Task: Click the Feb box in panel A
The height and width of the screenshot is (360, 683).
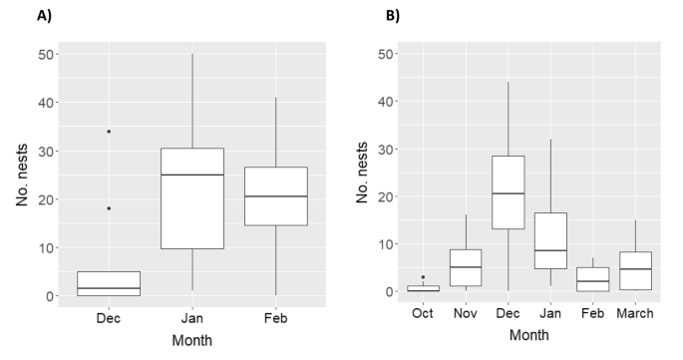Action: coord(275,195)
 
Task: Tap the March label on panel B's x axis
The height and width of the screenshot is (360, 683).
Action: coord(635,313)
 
